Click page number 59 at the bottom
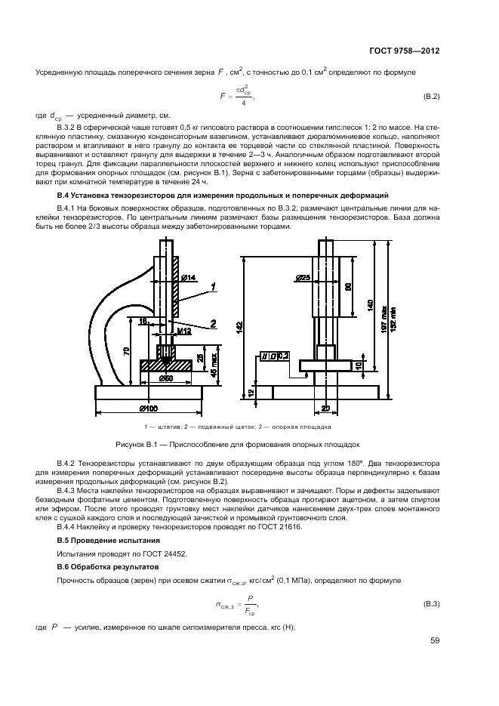tap(434, 640)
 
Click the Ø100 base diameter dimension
tap(147, 408)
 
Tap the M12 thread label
tap(183, 331)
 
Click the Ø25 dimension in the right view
tap(304, 278)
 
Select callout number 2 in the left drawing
tap(214, 323)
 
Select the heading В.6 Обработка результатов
tap(109, 566)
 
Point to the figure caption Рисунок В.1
tap(236, 445)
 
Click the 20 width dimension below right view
tap(326, 408)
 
